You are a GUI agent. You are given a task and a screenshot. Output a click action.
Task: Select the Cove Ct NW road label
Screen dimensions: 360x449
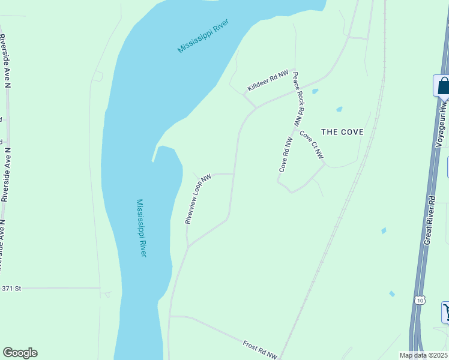point(312,145)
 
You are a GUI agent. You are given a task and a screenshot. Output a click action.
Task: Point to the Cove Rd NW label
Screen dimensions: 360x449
point(285,155)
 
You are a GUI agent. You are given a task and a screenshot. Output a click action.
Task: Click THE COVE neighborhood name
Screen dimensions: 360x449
point(342,132)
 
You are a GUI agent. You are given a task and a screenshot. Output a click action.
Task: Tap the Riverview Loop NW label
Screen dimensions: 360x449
point(199,199)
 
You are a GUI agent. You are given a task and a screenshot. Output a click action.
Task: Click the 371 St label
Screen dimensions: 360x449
point(11,289)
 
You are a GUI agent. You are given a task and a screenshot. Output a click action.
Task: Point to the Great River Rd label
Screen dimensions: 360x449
point(429,218)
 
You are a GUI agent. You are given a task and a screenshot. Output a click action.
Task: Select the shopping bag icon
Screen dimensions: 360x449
point(442,85)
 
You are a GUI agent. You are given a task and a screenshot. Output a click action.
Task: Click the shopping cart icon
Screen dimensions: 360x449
point(446,311)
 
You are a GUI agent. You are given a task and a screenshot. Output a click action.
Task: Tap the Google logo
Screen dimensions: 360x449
point(20,353)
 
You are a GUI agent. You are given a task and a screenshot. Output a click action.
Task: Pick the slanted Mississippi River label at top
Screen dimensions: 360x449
point(203,39)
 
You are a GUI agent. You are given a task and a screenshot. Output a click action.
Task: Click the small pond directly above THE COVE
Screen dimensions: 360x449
point(339,109)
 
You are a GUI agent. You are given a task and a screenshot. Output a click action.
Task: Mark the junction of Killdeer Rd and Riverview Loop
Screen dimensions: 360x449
point(256,107)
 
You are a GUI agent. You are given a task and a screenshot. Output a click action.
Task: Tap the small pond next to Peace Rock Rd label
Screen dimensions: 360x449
point(315,92)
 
